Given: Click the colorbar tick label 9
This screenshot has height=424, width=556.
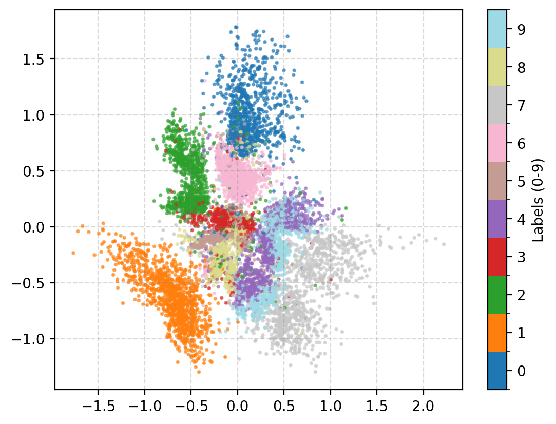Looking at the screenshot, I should (x=521, y=29).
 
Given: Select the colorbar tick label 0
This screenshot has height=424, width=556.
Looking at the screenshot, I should (x=521, y=371).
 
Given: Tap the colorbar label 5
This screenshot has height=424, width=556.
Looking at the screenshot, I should (x=521, y=181).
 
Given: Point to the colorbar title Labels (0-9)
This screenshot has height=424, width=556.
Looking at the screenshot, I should (x=538, y=200).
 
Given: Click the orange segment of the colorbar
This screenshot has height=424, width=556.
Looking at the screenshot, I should (x=497, y=333).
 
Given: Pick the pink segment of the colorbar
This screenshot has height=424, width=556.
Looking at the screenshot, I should (x=497, y=143).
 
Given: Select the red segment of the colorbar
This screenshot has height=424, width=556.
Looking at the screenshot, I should (x=497, y=257).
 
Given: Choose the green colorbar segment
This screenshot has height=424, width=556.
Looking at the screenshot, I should (x=497, y=295).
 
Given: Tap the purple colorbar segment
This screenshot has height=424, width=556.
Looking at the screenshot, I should (x=497, y=219).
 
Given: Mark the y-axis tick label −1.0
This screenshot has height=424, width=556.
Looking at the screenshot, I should (x=32, y=339).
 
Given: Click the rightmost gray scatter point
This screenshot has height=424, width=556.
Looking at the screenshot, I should (x=444, y=244).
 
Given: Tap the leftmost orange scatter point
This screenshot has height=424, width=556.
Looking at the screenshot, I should (x=73, y=253).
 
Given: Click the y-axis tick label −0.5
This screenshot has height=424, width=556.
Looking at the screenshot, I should (x=32, y=283).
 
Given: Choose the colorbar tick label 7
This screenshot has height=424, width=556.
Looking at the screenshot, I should (x=521, y=105).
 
